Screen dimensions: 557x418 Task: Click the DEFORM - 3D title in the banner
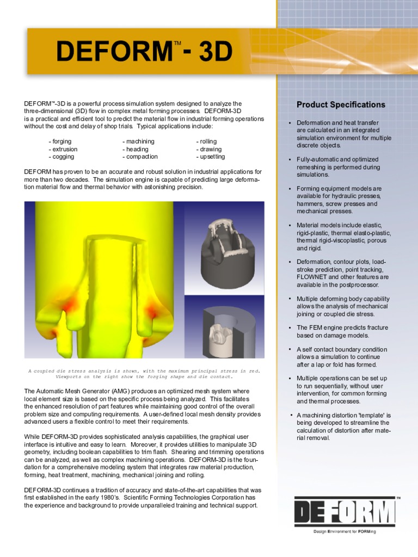144,52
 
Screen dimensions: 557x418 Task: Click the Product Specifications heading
341,104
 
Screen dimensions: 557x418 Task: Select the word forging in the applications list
62,141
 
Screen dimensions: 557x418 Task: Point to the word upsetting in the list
212,157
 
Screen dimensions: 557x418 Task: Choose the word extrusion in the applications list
65,149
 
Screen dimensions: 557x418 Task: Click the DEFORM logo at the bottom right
345,513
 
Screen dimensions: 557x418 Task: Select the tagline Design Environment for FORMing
345,531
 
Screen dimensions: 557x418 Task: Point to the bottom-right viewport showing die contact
224,327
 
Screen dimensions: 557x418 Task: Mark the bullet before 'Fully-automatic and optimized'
290,160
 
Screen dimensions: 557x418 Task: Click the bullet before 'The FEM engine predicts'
290,328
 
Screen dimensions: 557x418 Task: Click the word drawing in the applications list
210,149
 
